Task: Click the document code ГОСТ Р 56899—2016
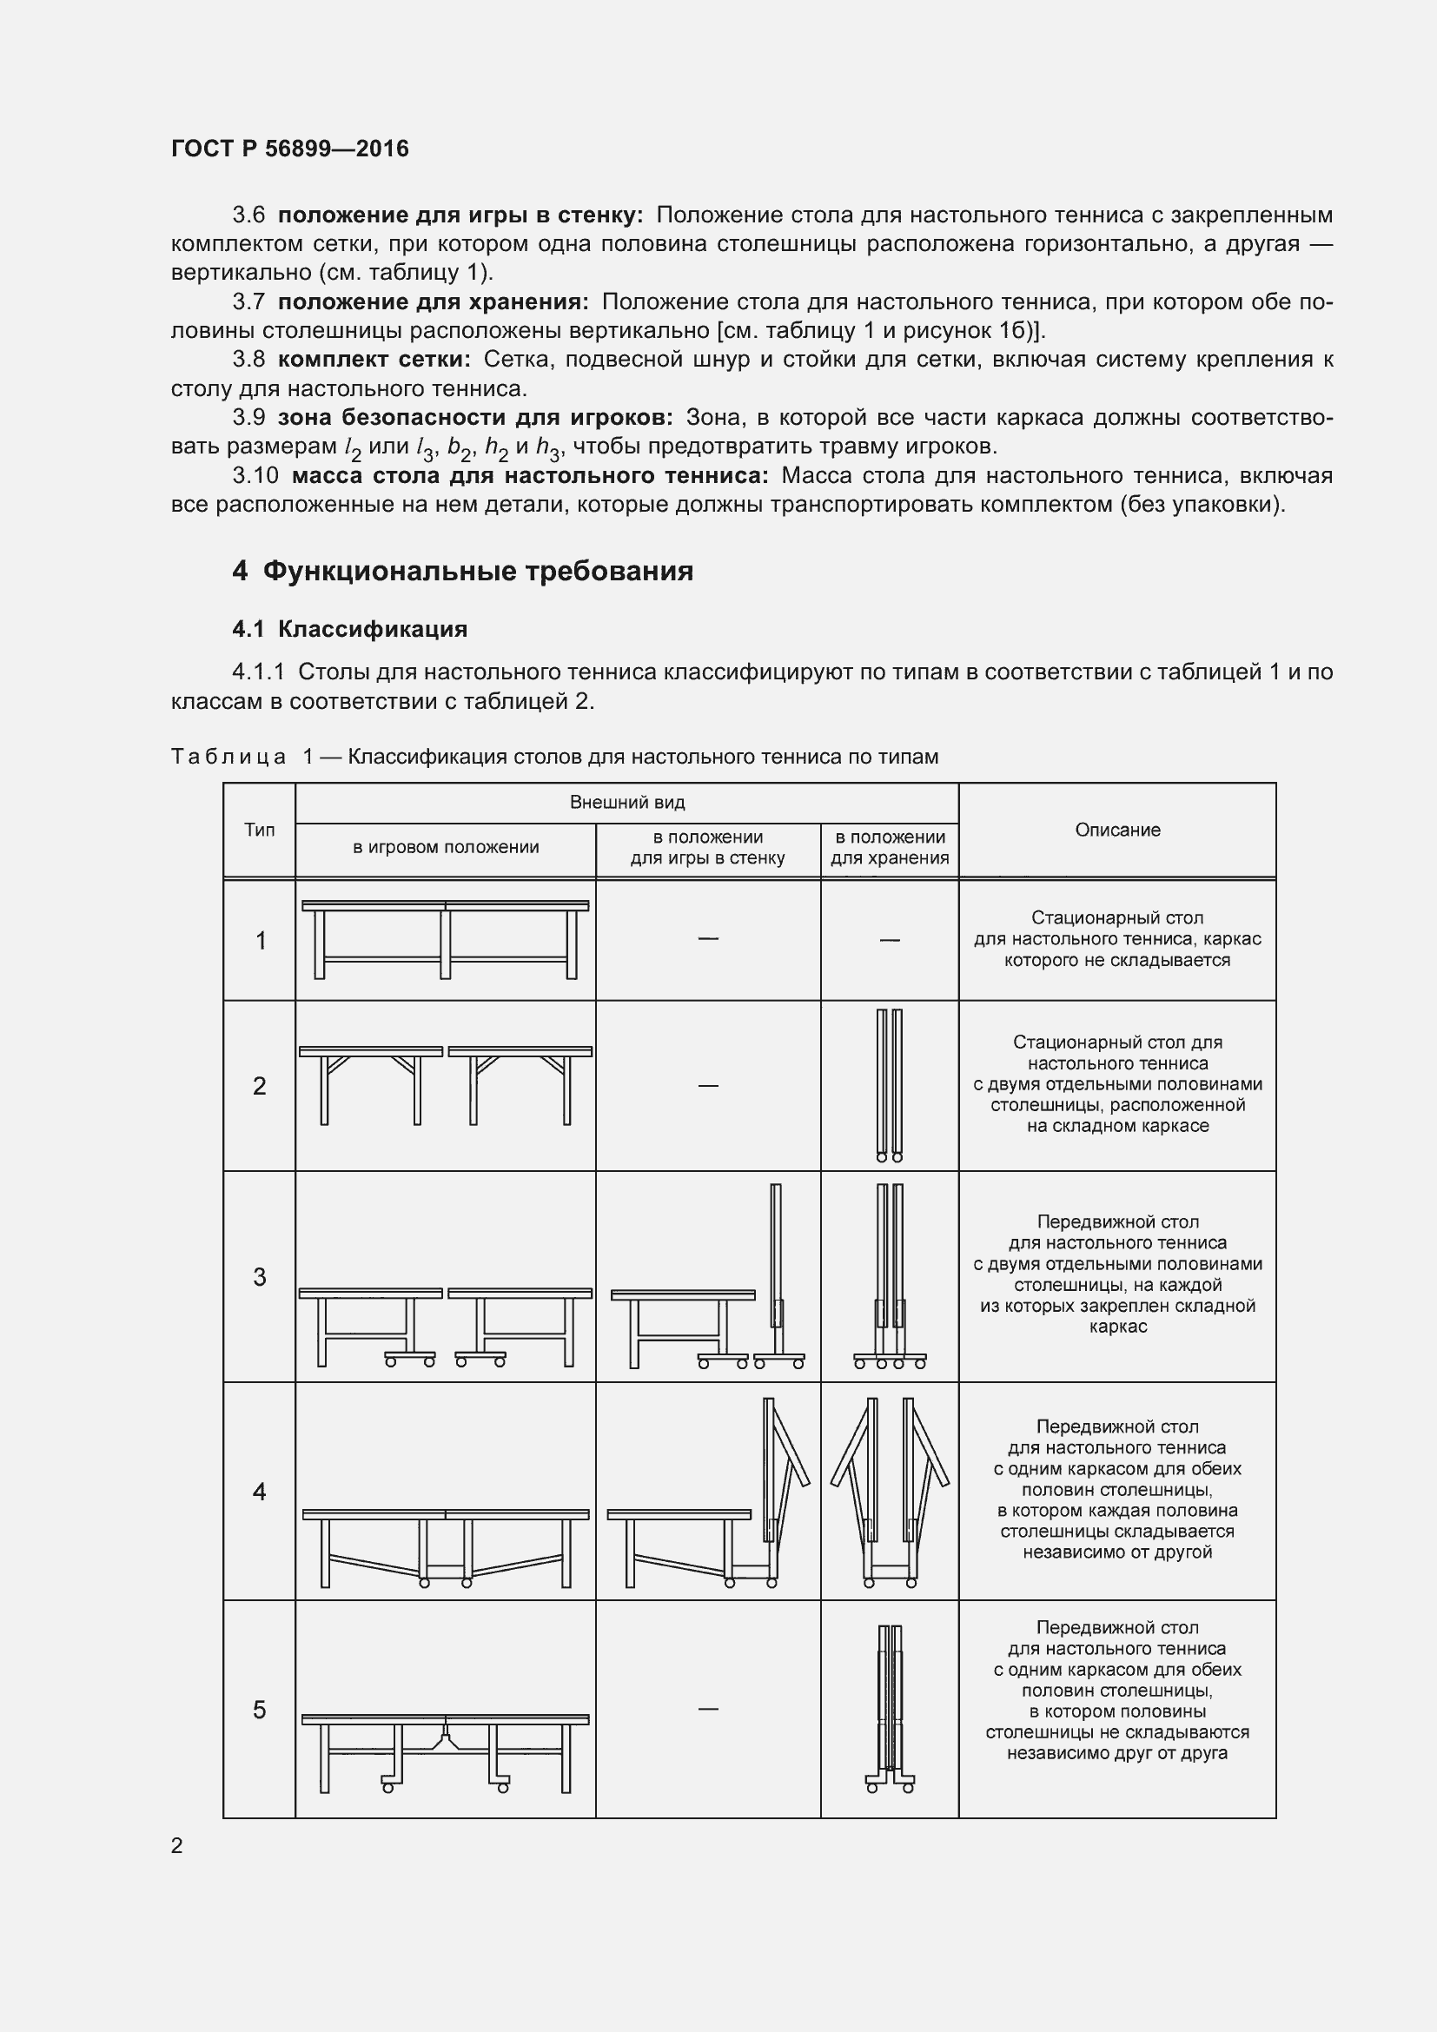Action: point(289,149)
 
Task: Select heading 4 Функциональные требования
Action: point(462,571)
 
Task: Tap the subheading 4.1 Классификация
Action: point(349,629)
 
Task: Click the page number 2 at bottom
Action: point(177,1845)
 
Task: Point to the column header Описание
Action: point(1116,831)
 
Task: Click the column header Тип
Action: point(259,831)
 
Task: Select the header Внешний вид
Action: point(626,803)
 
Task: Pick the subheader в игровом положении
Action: point(445,847)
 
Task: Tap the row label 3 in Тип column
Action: point(259,1276)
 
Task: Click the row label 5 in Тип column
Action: point(259,1710)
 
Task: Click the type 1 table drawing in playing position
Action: point(445,940)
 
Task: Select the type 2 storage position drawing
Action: point(890,1085)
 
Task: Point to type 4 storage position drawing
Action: point(890,1493)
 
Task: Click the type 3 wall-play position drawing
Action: point(708,1278)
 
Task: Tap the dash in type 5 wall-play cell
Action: point(708,1709)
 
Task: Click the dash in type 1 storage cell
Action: point(890,940)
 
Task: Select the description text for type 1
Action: point(1116,939)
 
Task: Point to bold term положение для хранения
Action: point(433,301)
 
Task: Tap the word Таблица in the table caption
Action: point(228,757)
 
